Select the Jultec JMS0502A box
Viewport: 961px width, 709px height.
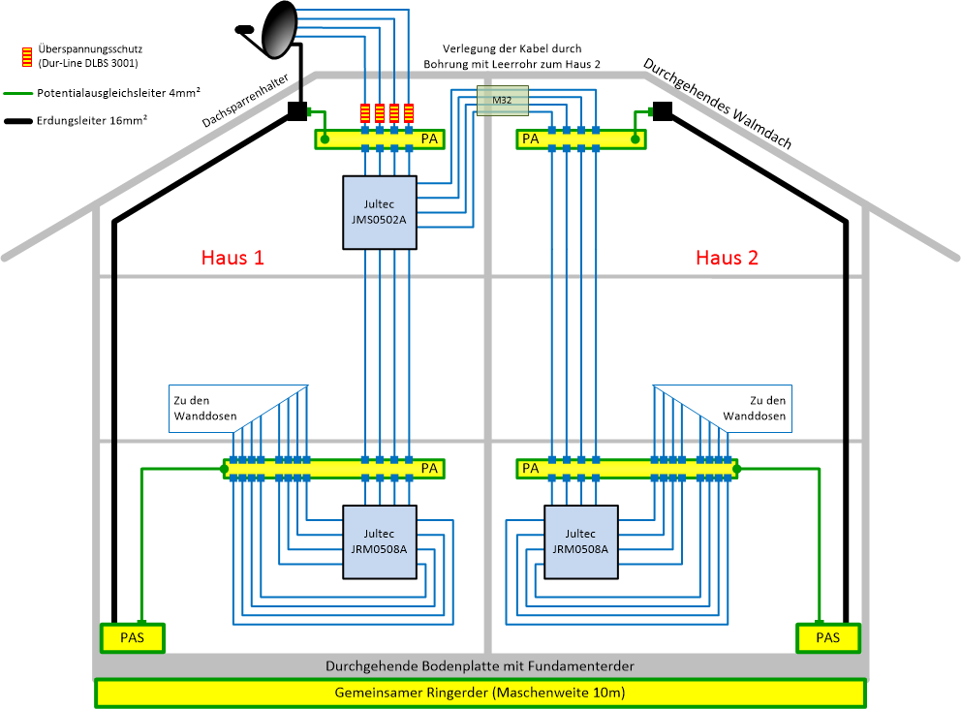pyautogui.click(x=380, y=212)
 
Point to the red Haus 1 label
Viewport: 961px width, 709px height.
pyautogui.click(x=232, y=258)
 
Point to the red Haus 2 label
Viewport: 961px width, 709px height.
pyautogui.click(x=727, y=258)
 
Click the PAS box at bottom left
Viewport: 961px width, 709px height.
pyautogui.click(x=133, y=637)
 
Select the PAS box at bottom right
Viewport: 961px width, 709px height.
pyautogui.click(x=827, y=637)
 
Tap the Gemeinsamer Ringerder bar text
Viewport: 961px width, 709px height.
pyautogui.click(x=480, y=693)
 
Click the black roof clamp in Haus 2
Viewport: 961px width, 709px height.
pyautogui.click(x=663, y=110)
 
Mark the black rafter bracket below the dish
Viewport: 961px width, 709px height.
pyautogui.click(x=296, y=111)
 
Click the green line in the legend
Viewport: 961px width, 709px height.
pyautogui.click(x=17, y=94)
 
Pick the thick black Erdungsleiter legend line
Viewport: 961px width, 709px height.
pyautogui.click(x=17, y=122)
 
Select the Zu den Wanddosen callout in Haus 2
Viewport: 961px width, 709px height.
pyautogui.click(x=756, y=408)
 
